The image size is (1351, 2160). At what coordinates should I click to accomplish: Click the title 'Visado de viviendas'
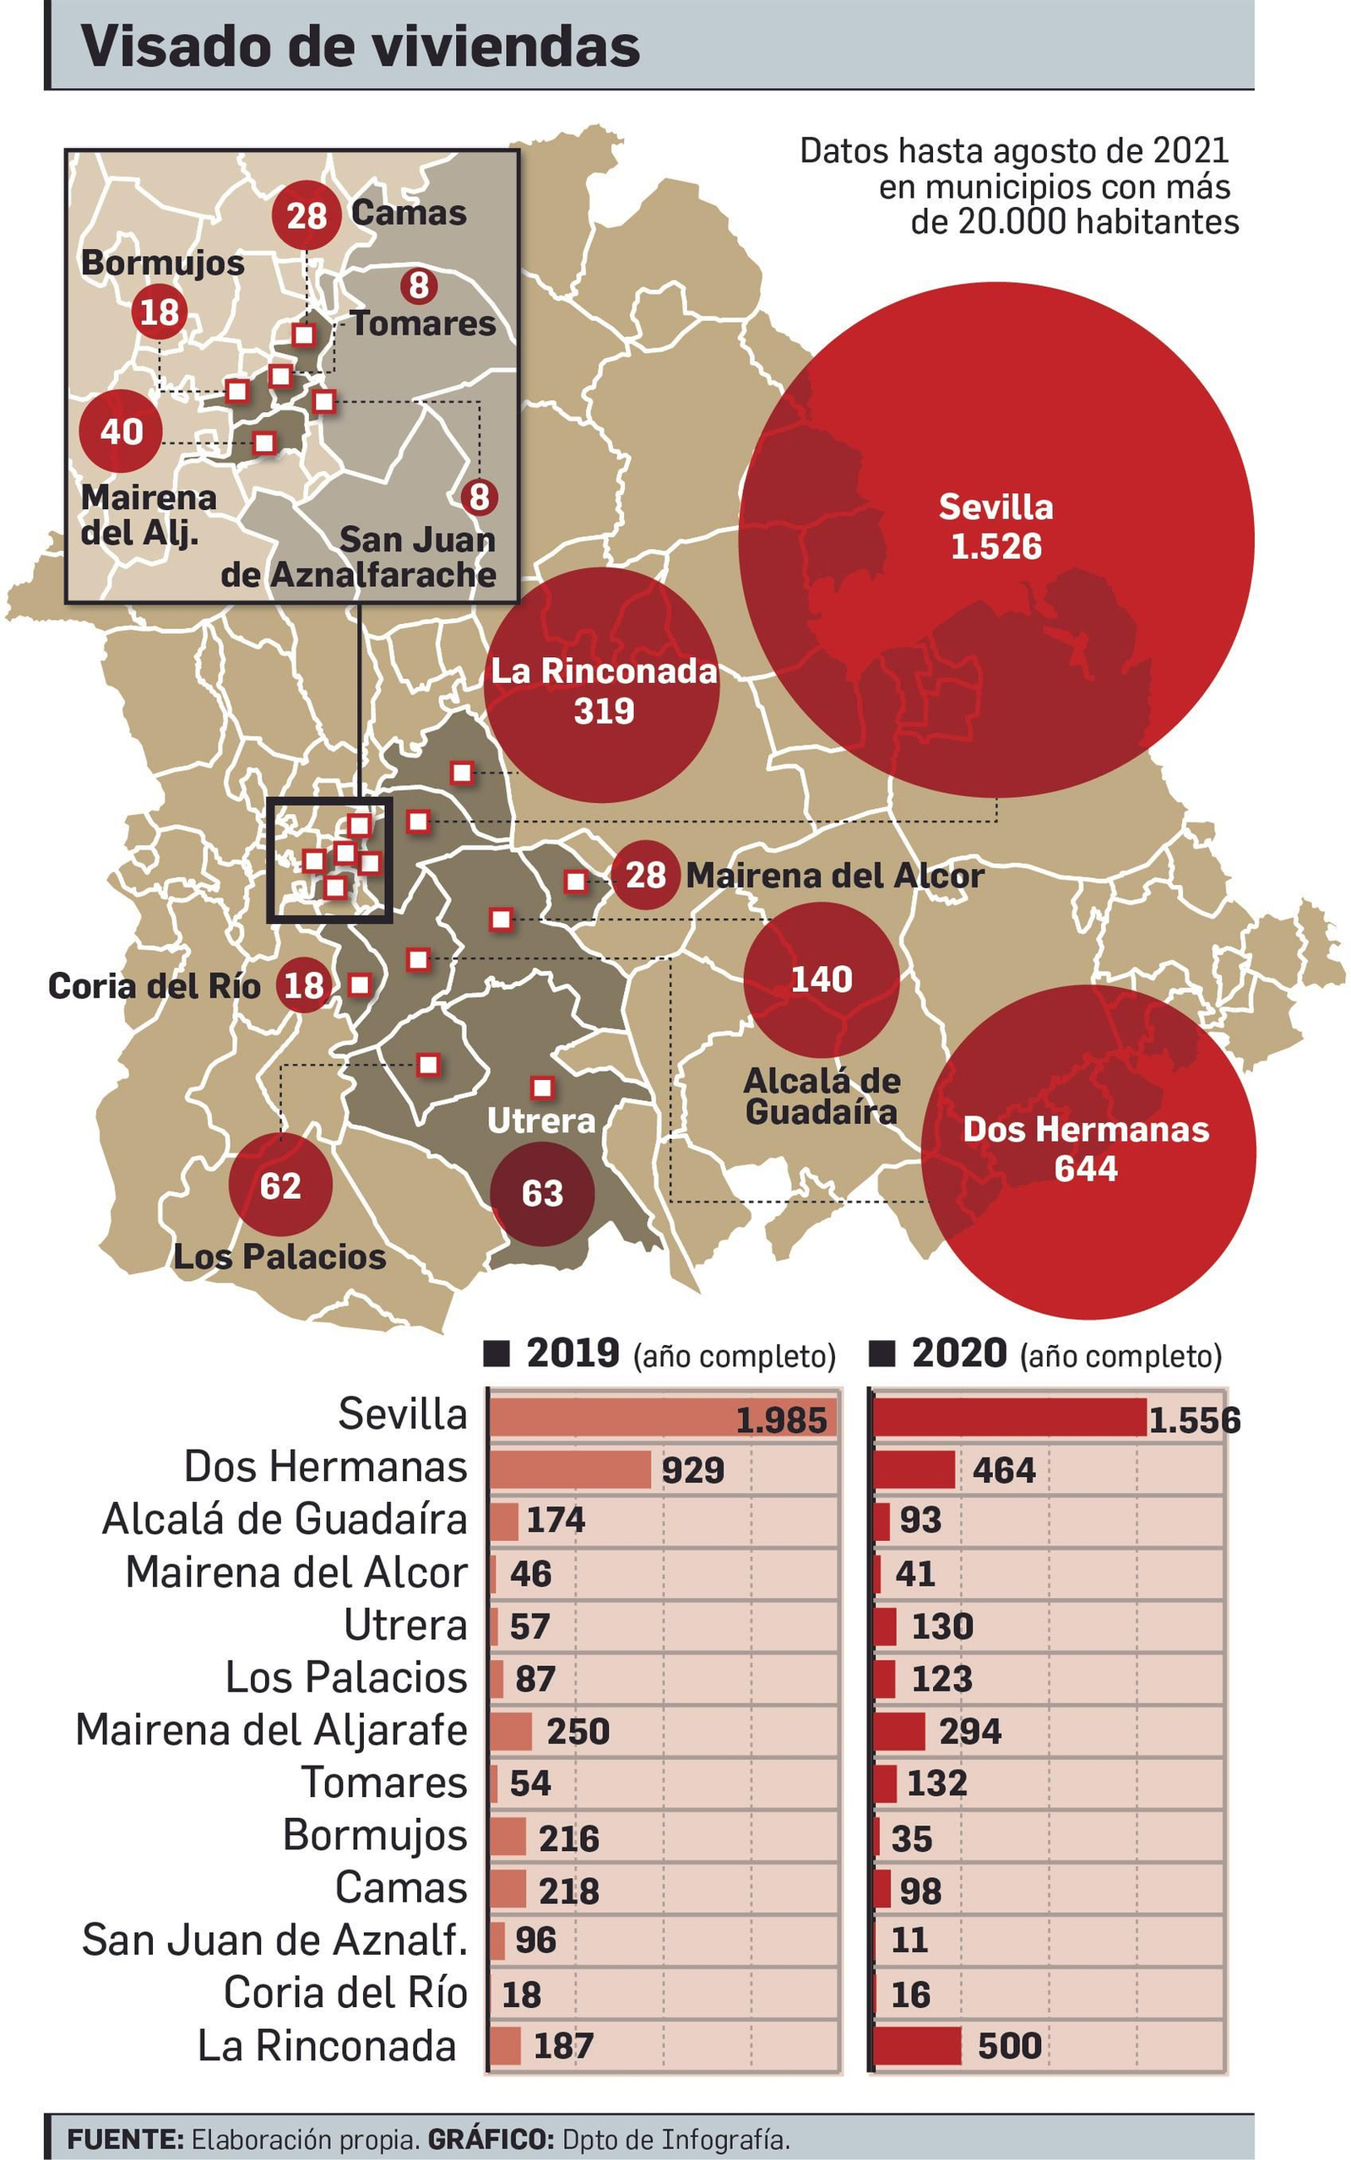tap(360, 46)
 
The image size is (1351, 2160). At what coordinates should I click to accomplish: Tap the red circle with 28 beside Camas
tap(307, 215)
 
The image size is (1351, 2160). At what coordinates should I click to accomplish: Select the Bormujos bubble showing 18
tap(160, 312)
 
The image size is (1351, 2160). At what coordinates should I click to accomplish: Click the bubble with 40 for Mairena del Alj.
tap(121, 431)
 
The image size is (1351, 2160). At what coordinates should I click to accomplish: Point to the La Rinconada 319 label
tap(604, 691)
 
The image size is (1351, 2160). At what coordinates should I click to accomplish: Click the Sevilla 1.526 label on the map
tap(996, 526)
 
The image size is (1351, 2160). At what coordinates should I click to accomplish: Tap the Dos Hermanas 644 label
tap(1086, 1148)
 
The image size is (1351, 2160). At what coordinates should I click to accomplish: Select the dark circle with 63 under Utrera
tap(541, 1193)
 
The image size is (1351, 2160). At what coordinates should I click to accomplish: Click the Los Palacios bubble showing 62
tap(280, 1186)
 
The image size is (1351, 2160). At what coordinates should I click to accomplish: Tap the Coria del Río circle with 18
tap(304, 985)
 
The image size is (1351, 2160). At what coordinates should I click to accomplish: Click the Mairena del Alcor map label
tap(834, 876)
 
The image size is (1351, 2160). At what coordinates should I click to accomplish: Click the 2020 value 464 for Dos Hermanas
tap(1003, 1470)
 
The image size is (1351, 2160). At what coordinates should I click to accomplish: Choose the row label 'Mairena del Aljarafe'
tap(272, 1730)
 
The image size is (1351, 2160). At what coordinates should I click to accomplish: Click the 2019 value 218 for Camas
tap(568, 1891)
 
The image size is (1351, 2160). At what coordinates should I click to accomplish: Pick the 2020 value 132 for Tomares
tap(936, 1783)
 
